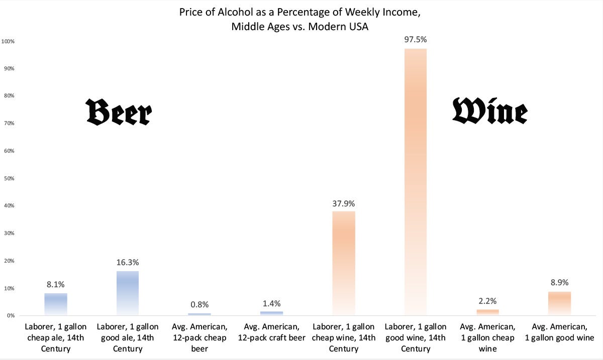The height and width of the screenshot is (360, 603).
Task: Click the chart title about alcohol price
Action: [300, 19]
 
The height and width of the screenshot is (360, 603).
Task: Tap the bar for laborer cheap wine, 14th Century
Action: [343, 263]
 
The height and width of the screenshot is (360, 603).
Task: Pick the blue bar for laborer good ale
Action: [127, 293]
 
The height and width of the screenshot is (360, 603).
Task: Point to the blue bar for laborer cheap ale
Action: [55, 304]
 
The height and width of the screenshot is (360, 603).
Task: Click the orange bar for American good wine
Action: [559, 303]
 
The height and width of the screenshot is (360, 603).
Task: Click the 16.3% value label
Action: [127, 262]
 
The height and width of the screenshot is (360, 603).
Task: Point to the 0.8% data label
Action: [199, 304]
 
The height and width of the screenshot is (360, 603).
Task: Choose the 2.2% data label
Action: [487, 301]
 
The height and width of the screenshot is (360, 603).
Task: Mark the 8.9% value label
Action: [559, 282]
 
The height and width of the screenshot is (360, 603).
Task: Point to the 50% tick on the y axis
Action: [10, 178]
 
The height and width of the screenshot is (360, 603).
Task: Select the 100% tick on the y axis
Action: [9, 41]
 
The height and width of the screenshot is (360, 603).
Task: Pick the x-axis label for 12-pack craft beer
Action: [271, 332]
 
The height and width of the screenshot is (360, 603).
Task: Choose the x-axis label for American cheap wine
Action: [487, 337]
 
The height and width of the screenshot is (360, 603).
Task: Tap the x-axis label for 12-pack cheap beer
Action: [199, 337]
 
